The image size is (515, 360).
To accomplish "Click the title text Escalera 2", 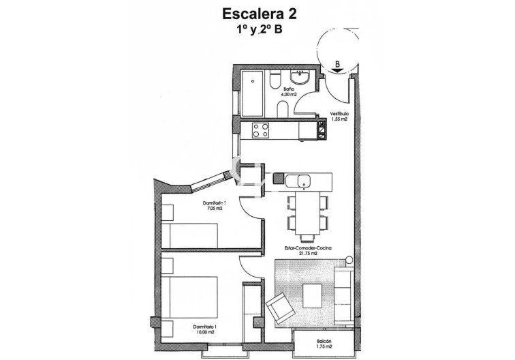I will pyautogui.click(x=257, y=13).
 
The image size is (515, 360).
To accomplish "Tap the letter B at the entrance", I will pyautogui.click(x=337, y=64).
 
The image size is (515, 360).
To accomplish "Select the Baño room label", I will pyautogui.click(x=289, y=89).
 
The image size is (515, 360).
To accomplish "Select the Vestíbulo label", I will pyautogui.click(x=339, y=113).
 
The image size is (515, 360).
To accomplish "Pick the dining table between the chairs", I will pyautogui.click(x=305, y=212).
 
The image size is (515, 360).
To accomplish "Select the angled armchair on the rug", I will pyautogui.click(x=279, y=308).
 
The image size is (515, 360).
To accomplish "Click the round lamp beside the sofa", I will pyautogui.click(x=348, y=259).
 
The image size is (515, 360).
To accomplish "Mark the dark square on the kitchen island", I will pyautogui.click(x=278, y=179).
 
